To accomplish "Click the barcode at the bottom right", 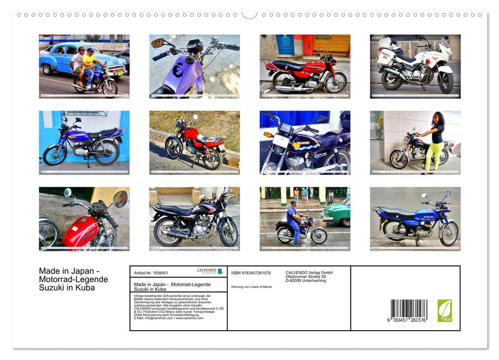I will tap(409, 310).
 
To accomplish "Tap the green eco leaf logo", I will tap(445, 311).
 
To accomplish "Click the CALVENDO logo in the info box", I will tap(210, 271).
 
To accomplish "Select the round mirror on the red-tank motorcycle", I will tap(120, 199).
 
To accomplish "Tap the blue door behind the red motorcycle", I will tap(285, 45).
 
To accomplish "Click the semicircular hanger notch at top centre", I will tap(249, 14).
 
